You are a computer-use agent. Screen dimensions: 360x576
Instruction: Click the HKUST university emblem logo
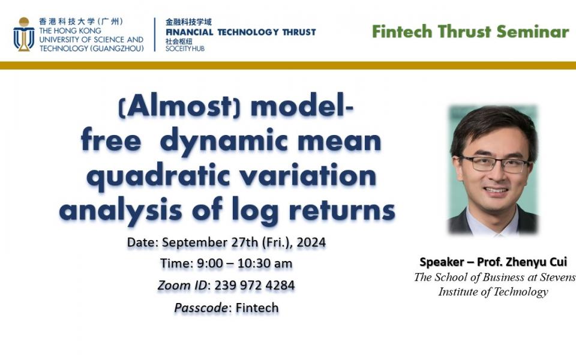[23, 35]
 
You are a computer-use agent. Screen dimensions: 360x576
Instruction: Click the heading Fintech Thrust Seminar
[470, 32]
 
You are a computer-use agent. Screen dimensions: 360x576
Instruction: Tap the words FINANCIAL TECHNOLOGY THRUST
[240, 32]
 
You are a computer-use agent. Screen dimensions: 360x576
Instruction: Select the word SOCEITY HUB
[185, 49]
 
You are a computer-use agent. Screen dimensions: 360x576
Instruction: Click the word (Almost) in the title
[180, 107]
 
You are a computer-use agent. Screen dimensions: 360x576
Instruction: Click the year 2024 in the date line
[311, 243]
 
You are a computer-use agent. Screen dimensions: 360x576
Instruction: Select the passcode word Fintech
[257, 308]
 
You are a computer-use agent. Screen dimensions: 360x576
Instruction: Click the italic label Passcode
[201, 308]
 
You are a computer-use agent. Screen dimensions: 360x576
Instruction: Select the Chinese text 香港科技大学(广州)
[81, 21]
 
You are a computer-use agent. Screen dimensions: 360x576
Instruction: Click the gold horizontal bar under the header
[288, 65]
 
